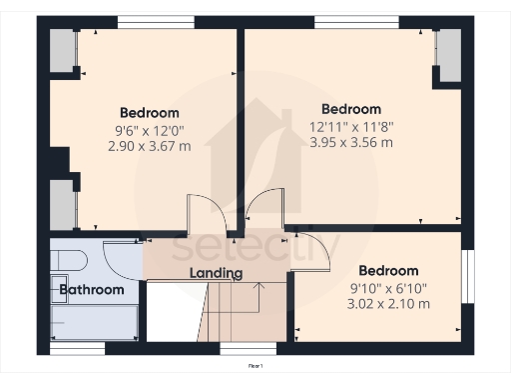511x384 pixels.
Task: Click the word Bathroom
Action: (91, 290)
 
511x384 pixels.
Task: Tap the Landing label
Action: (217, 273)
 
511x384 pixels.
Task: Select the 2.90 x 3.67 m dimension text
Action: (150, 144)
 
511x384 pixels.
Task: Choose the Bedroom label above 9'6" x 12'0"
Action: (150, 112)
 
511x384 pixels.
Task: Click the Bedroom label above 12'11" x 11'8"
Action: (351, 109)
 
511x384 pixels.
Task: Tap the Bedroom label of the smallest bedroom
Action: (388, 271)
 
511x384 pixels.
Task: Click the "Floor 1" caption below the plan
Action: (255, 367)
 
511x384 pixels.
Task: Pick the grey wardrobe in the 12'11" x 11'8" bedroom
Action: (447, 55)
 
